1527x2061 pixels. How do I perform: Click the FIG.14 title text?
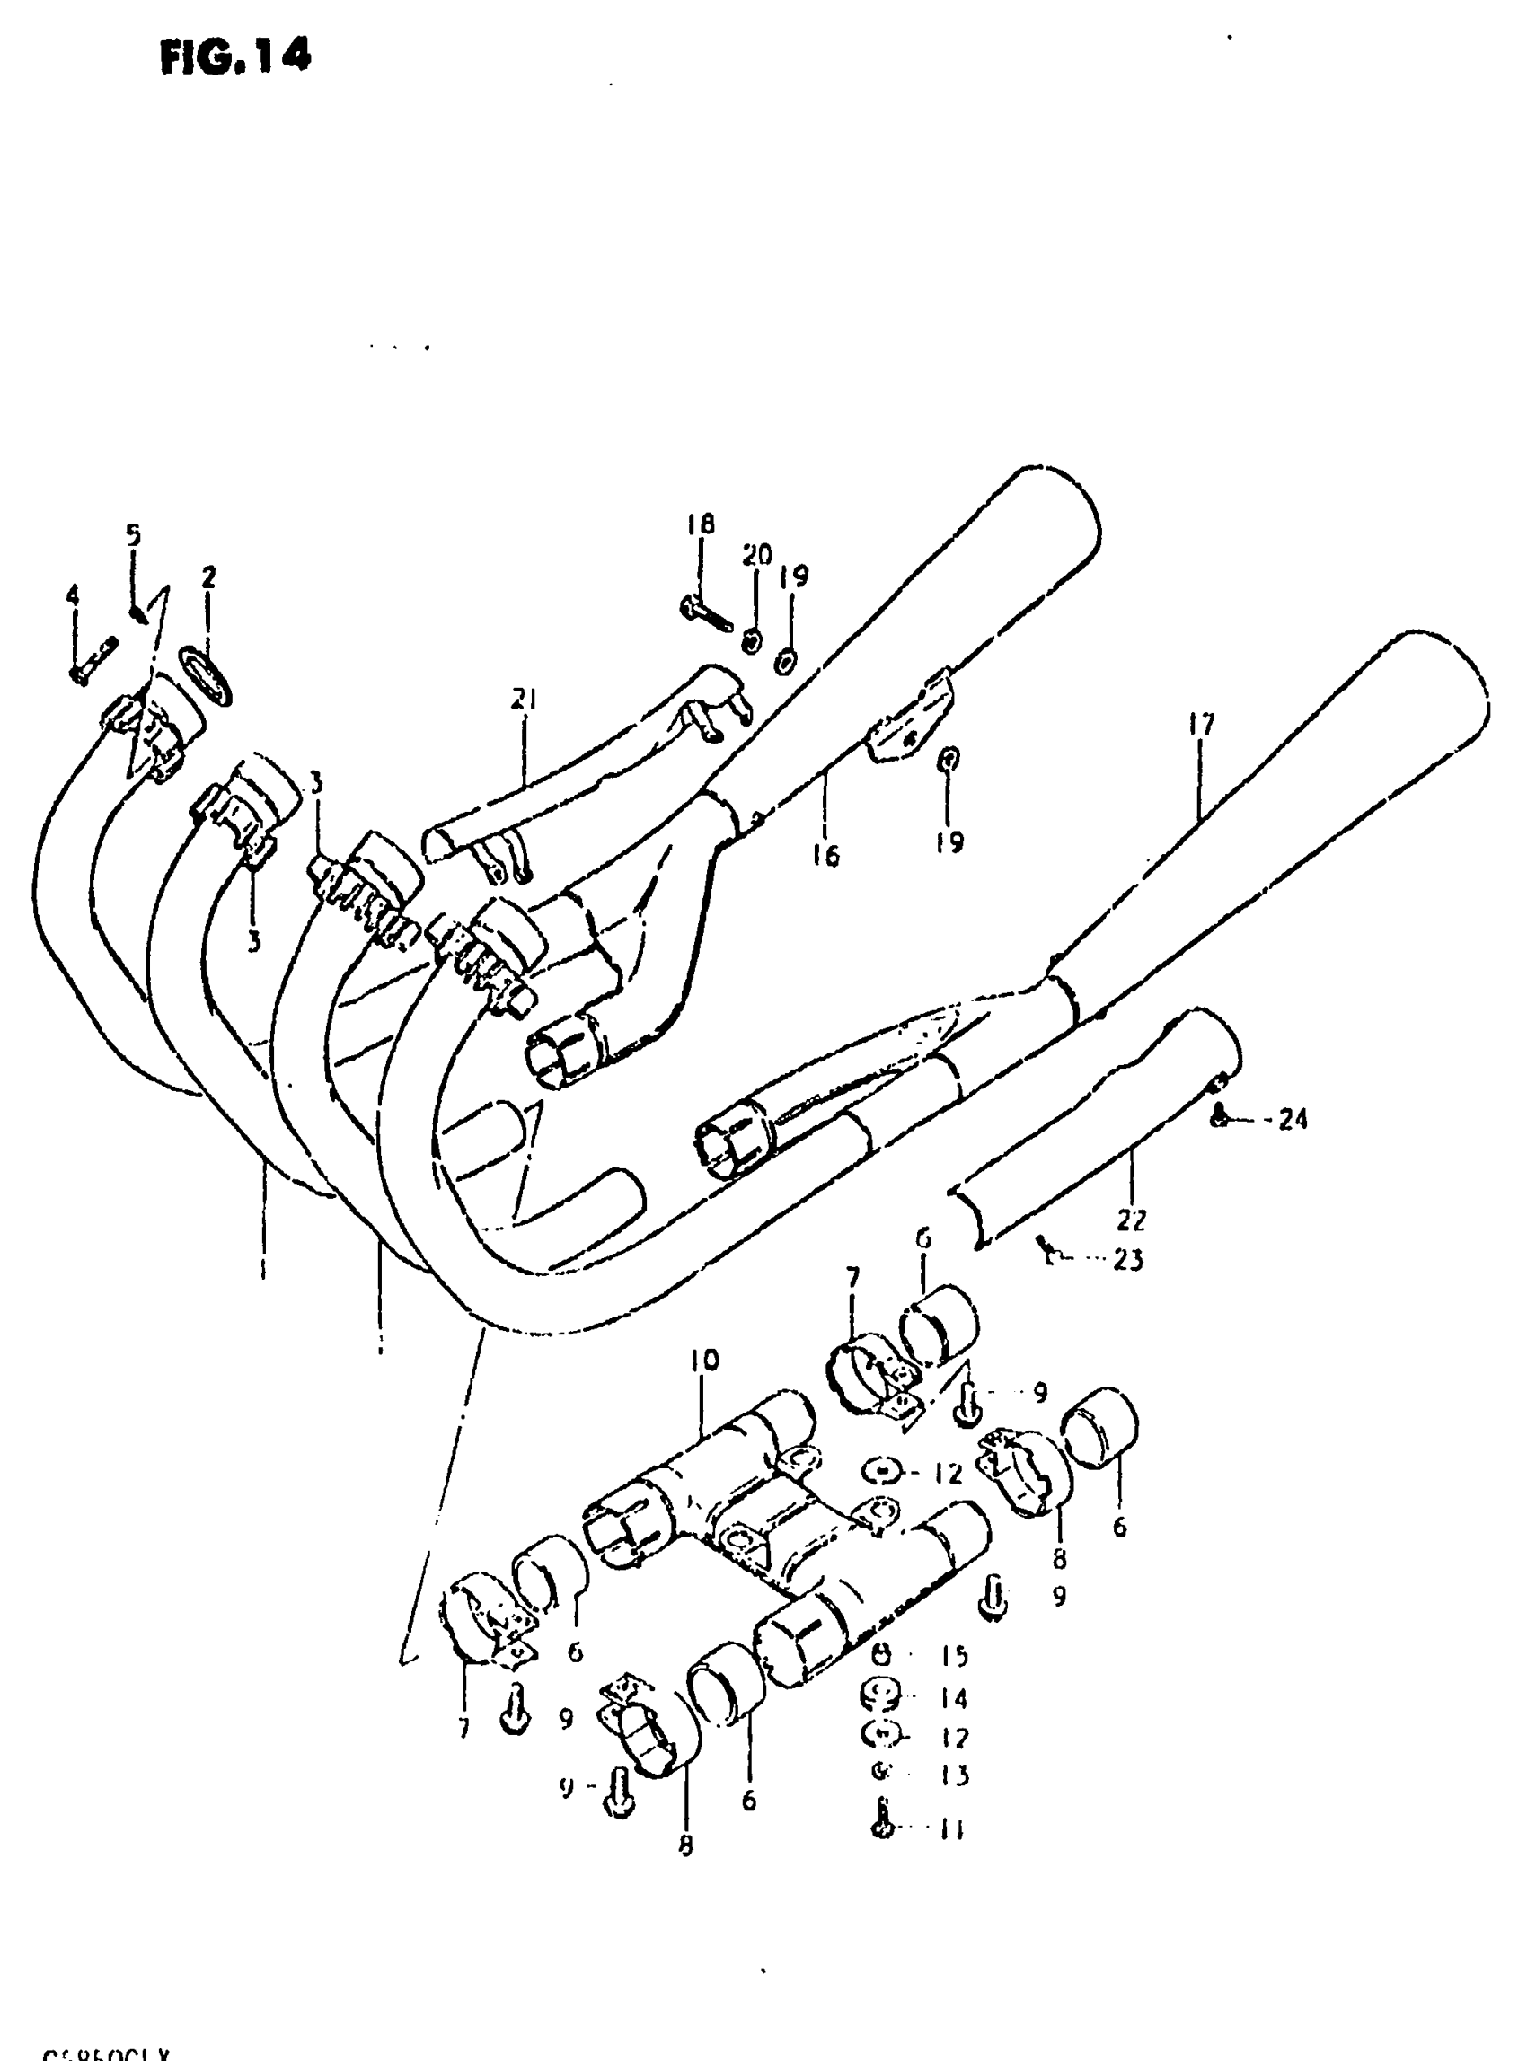coord(235,57)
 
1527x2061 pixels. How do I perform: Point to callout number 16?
coord(825,856)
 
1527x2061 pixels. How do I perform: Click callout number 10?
coord(702,1361)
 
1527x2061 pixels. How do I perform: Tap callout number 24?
coord(1293,1119)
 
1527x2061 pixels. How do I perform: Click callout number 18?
coord(700,525)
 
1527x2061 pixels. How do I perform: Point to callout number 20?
coord(756,556)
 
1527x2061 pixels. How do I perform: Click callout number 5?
coord(133,535)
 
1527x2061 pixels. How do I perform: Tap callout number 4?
coord(72,596)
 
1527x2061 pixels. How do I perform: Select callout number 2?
coord(208,577)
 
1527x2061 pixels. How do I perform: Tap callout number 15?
coord(953,1655)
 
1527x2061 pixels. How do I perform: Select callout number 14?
coord(953,1698)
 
